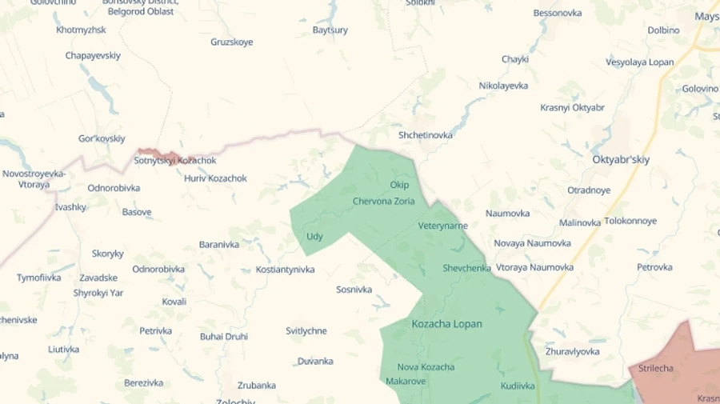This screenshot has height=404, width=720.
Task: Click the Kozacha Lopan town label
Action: click(x=446, y=324)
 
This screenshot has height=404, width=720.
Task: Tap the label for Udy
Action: click(x=314, y=237)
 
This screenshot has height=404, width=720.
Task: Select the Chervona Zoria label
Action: click(x=383, y=202)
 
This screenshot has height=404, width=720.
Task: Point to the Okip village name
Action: click(x=399, y=186)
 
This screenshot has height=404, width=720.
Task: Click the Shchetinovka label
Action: click(x=425, y=135)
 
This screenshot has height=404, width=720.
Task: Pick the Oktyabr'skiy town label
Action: click(x=621, y=159)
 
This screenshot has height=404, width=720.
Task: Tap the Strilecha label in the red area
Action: click(x=655, y=369)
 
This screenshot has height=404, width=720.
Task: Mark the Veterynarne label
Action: click(x=442, y=226)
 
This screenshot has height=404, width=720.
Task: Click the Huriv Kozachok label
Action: click(x=215, y=178)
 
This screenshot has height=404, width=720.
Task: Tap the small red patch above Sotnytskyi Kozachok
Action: click(x=160, y=153)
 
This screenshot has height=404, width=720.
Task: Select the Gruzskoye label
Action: click(x=231, y=42)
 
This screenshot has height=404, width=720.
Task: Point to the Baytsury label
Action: click(x=330, y=30)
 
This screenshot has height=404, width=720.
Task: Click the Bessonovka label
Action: click(x=557, y=13)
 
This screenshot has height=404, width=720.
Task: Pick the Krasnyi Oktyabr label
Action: click(x=572, y=107)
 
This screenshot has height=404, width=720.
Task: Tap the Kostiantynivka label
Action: click(x=285, y=270)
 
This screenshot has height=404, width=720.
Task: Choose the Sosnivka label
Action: click(x=354, y=290)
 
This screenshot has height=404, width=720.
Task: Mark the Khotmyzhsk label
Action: click(x=81, y=30)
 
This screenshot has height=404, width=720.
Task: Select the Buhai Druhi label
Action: click(x=223, y=337)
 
